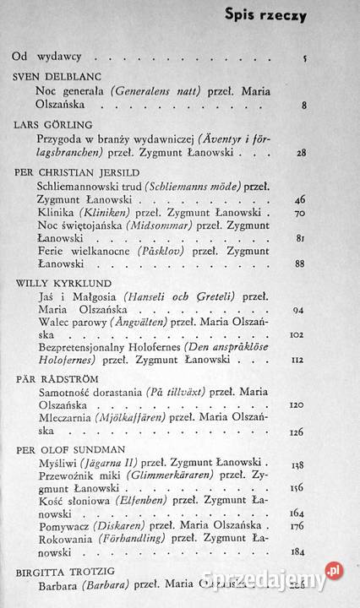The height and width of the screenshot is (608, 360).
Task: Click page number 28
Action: point(301,154)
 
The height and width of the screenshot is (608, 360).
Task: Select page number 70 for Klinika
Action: point(301,215)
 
